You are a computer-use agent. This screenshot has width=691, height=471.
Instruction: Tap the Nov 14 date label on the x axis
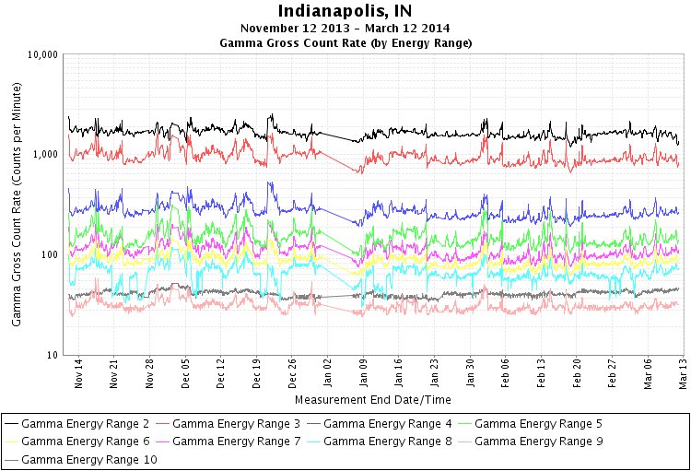coord(78,374)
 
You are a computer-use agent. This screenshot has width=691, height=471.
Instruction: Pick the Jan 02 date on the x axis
coord(327,374)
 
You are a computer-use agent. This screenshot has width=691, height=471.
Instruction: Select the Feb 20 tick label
coord(577,374)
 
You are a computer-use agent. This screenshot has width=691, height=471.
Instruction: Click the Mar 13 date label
coord(683,374)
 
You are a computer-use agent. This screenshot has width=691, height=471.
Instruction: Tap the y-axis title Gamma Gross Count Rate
coord(17,203)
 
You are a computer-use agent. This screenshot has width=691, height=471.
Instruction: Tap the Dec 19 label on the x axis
coord(256,374)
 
